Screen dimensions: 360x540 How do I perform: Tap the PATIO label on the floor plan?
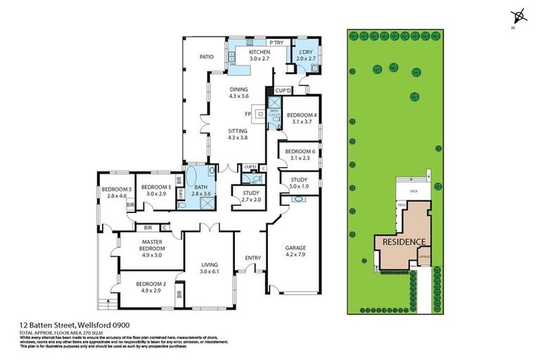point(205,57)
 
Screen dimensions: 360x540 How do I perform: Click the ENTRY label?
point(252,258)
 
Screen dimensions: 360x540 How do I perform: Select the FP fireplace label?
point(247,112)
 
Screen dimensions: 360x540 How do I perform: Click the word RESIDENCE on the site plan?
point(403,242)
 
